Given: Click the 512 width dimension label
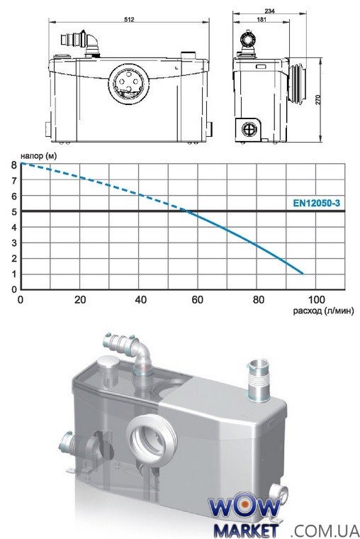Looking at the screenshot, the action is point(129,19).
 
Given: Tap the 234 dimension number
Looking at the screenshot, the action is point(270,11).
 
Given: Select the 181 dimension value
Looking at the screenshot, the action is point(261,19).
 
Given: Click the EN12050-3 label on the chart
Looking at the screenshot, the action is point(316,203).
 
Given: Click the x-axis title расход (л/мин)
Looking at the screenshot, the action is point(323,311).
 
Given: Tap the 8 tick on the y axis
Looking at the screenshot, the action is point(13,165).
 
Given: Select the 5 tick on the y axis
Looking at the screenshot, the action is point(13,212).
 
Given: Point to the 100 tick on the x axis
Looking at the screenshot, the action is point(316,300).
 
